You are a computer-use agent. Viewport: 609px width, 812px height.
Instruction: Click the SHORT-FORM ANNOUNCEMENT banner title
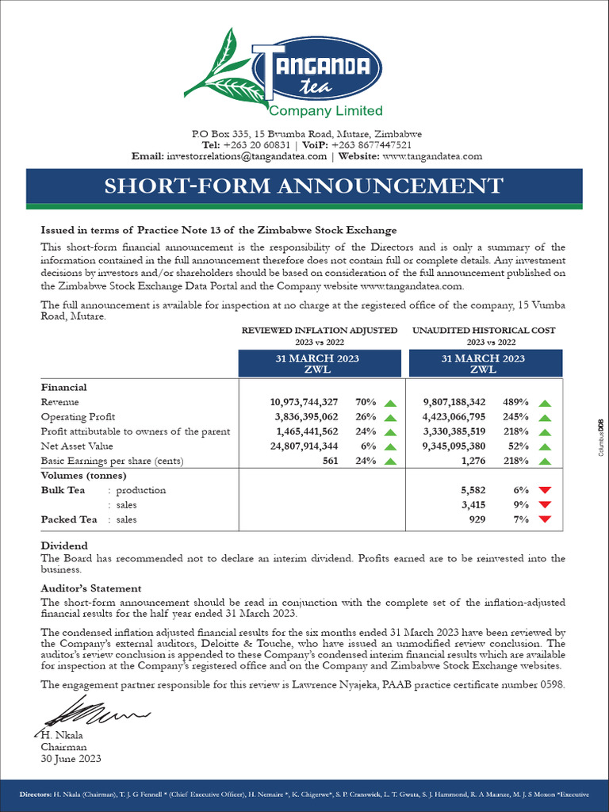tap(304, 186)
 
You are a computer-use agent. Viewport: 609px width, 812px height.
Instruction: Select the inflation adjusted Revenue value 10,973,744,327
tap(304, 403)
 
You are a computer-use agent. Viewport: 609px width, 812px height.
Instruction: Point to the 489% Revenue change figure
tap(515, 403)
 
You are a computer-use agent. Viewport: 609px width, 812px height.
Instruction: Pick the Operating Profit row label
tap(78, 417)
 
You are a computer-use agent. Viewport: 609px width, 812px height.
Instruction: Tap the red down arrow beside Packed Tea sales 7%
tap(544, 519)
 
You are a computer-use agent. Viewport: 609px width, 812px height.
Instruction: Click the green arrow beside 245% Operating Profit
tap(544, 417)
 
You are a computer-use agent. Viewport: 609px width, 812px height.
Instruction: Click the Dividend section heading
tap(64, 546)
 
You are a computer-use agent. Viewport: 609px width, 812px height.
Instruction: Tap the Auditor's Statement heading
tap(91, 588)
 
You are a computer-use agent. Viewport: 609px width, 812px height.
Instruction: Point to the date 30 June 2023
tap(71, 758)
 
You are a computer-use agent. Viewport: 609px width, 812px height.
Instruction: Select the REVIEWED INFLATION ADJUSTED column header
tap(320, 330)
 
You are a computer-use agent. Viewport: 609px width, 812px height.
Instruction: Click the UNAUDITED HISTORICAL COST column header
tap(484, 330)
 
